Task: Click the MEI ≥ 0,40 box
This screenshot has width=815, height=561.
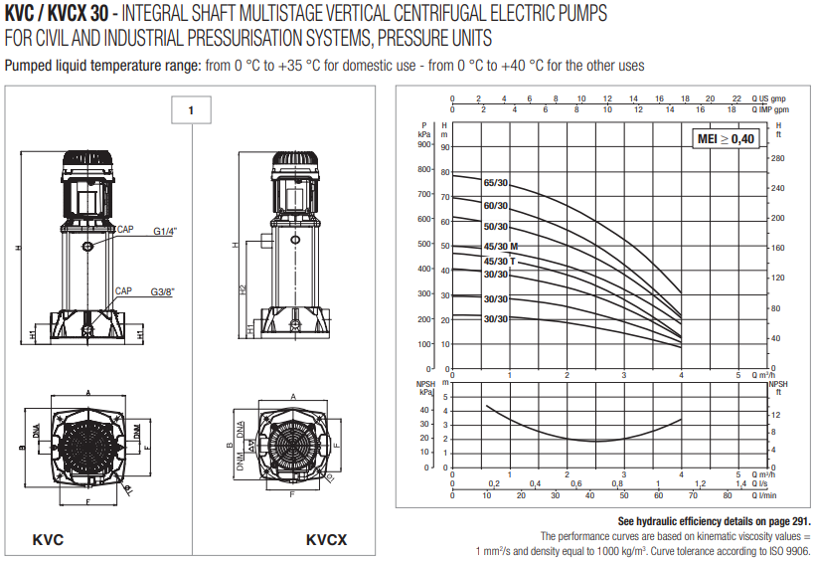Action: (x=726, y=139)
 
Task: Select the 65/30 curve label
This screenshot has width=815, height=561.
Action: (x=496, y=183)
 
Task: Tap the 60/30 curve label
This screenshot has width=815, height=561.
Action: (x=496, y=206)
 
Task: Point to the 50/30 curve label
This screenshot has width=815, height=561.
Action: (x=496, y=227)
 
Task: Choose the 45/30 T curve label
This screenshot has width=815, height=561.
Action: (x=499, y=262)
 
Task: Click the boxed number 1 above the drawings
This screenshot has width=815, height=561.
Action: (x=191, y=110)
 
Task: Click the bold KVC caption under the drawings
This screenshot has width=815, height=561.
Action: (x=48, y=540)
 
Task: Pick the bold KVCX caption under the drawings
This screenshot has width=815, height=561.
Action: (x=326, y=540)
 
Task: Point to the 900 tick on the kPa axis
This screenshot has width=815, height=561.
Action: (x=424, y=144)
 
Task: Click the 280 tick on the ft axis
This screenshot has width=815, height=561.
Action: (x=778, y=158)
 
